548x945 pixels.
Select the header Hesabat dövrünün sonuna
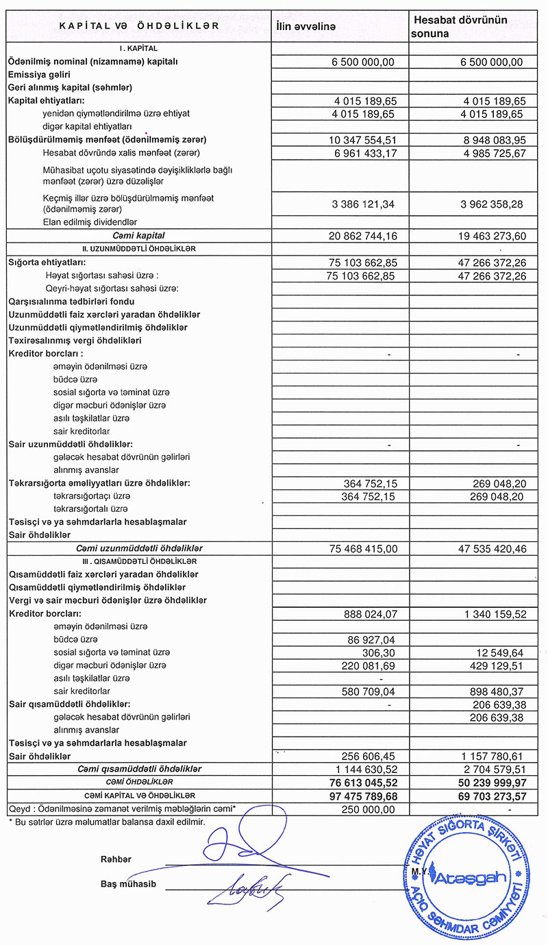459,27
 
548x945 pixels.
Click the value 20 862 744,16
363,236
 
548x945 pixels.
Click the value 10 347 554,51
363,140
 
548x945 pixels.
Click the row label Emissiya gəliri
39,75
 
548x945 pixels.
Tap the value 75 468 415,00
363,549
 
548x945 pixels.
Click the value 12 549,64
495,652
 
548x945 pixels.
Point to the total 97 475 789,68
363,796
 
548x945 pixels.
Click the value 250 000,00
368,809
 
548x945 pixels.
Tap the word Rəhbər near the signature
116,859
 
